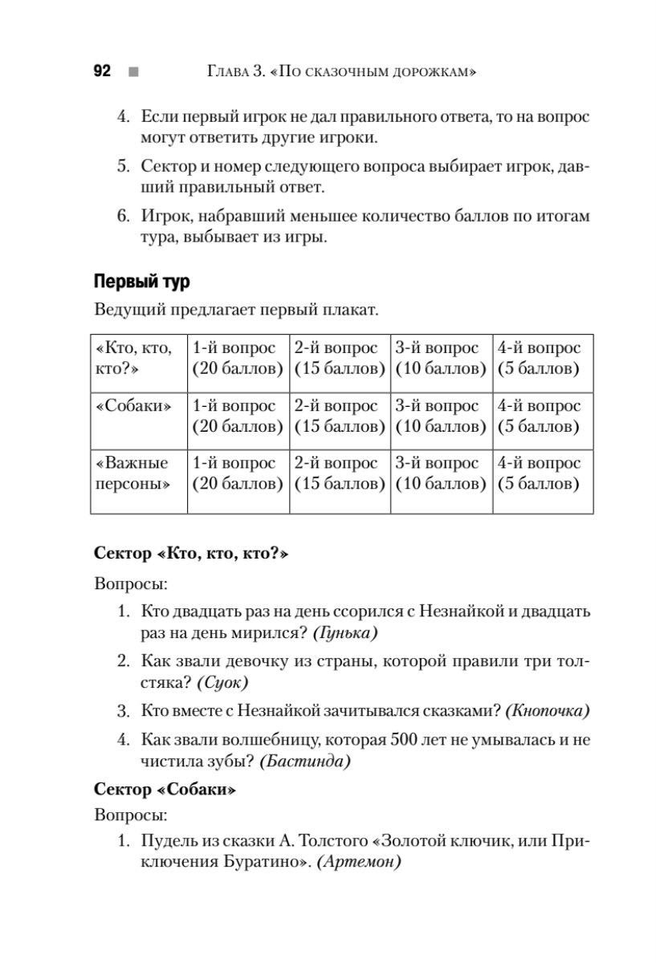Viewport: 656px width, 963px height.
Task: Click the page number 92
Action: coord(101,71)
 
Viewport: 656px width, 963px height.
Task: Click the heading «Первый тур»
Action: coord(141,282)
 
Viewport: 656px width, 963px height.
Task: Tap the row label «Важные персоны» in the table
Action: coord(132,473)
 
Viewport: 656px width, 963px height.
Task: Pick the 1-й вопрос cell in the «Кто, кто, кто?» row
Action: coord(238,358)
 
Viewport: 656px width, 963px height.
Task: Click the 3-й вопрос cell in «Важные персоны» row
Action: coord(441,473)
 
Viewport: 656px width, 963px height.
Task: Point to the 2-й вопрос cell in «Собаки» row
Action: coord(340,416)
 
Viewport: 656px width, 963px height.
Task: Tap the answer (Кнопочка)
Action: coord(550,710)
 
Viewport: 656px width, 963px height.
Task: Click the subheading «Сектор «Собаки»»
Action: coord(165,790)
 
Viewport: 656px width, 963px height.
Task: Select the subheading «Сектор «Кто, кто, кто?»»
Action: coord(191,553)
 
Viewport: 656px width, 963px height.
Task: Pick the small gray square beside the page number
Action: coord(132,72)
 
